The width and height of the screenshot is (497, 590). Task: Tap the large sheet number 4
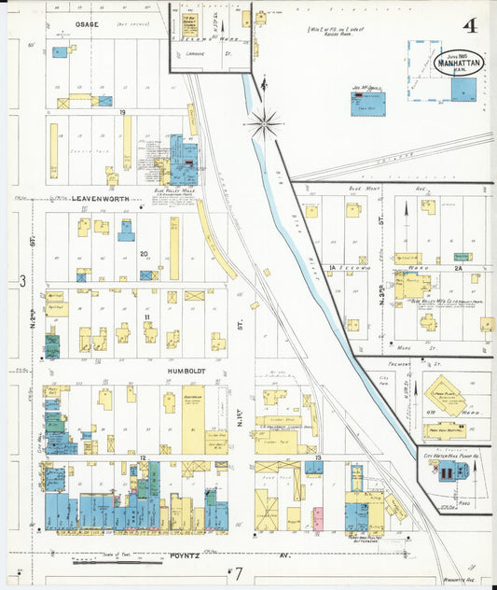point(470,26)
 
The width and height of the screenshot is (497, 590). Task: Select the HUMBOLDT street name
point(186,371)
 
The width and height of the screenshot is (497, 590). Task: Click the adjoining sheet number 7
point(239,572)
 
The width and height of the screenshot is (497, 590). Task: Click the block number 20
point(145,253)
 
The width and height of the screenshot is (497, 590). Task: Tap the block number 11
point(148,317)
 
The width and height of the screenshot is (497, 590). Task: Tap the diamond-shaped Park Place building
point(446,396)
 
